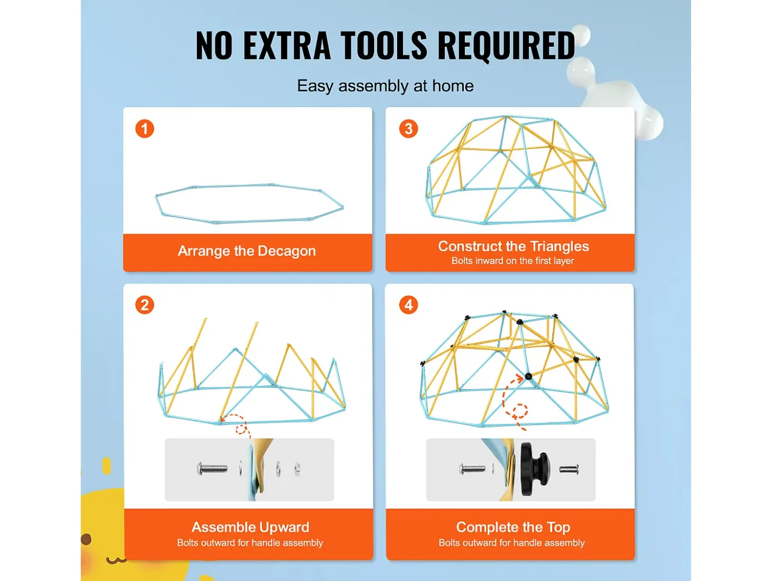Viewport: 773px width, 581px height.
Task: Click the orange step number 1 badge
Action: point(145,129)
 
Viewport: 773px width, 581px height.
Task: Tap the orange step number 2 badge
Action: point(145,305)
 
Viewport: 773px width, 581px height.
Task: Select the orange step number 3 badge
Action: point(409,129)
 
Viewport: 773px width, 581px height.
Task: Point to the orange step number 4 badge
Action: point(409,305)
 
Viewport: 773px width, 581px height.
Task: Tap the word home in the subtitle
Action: point(453,86)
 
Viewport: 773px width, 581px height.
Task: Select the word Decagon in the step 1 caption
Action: point(286,252)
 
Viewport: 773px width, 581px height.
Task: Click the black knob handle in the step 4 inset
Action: point(534,469)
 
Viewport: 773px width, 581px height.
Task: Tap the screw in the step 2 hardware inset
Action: point(212,469)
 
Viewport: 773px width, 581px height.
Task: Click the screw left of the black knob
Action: point(472,469)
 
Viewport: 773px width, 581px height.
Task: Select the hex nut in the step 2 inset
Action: point(297,469)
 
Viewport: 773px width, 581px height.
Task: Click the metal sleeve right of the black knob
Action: point(569,469)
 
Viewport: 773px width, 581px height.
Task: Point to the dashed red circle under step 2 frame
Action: point(241,429)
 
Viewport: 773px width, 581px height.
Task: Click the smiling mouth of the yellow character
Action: point(116,559)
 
